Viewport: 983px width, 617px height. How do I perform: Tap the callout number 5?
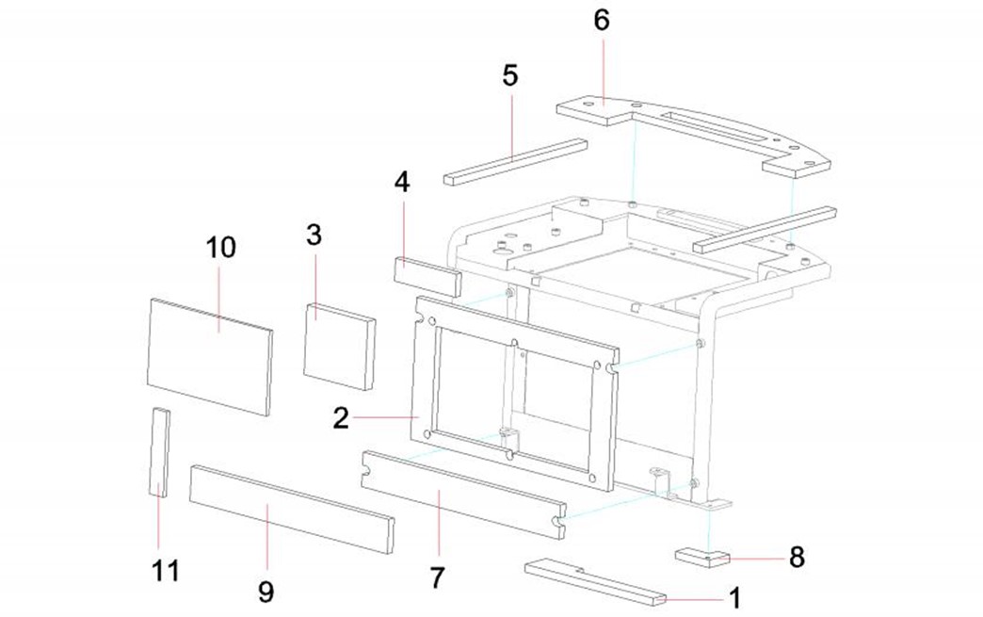tap(510, 75)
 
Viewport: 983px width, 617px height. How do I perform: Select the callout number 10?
tap(221, 248)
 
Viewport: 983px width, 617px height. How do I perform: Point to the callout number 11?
tap(166, 570)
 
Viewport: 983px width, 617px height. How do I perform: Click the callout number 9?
tap(266, 592)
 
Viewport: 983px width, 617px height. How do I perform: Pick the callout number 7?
tap(437, 577)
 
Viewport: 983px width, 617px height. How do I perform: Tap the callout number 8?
tap(797, 558)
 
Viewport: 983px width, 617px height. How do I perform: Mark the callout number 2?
tap(341, 416)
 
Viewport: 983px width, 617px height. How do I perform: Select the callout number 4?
tap(402, 182)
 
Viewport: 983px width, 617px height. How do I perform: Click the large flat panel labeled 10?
tap(209, 356)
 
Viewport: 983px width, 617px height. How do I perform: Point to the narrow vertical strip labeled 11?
tap(159, 452)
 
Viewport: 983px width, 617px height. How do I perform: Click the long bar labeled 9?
tap(291, 507)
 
